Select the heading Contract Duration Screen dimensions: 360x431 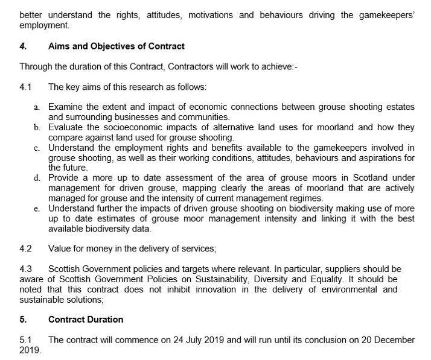[86, 320]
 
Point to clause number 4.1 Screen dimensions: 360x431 [25, 87]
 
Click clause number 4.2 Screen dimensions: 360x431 [25, 248]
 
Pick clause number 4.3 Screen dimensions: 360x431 [25, 268]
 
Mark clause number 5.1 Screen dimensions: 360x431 [25, 340]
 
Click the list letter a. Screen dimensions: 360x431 [37, 107]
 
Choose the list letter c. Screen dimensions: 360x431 [37, 148]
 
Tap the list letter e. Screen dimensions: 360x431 [37, 209]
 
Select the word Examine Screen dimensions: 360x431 [66, 107]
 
